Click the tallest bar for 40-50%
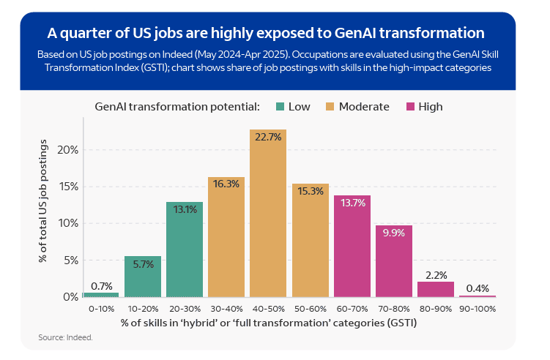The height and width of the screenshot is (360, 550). coord(268,220)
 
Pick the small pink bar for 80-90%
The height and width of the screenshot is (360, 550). coord(435,289)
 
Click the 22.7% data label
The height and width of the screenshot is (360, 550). coord(268,137)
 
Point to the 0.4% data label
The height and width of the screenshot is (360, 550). coord(477,288)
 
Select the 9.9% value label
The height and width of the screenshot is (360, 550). coord(393,233)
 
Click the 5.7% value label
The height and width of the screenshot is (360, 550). coord(143,264)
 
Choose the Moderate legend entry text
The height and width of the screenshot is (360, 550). coord(363,107)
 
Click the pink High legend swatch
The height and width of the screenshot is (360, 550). coord(409,107)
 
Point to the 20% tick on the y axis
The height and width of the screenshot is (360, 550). coord(67,150)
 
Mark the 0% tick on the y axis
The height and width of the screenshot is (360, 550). coord(70,297)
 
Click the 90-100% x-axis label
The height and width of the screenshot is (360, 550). coord(477,309)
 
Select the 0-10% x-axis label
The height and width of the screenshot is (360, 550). coord(101,309)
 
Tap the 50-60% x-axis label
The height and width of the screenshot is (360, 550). coord(310,309)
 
